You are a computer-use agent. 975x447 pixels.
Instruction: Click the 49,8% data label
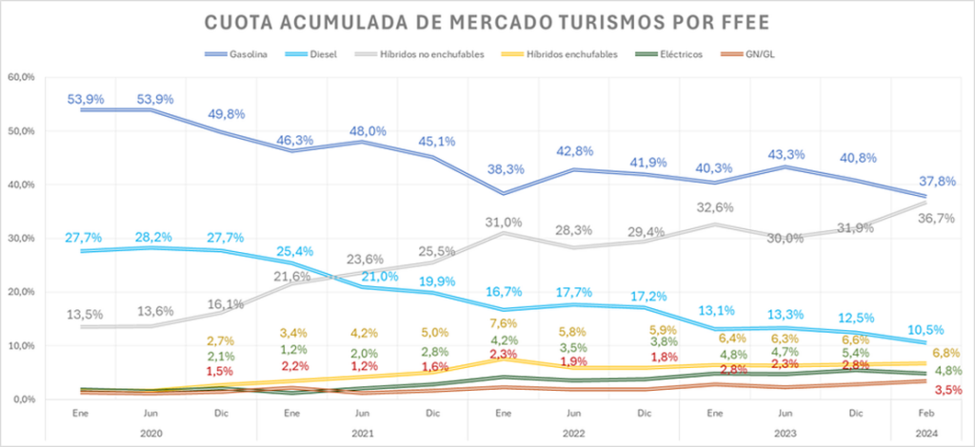(226, 114)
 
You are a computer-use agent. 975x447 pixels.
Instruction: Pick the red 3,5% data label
(948, 391)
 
